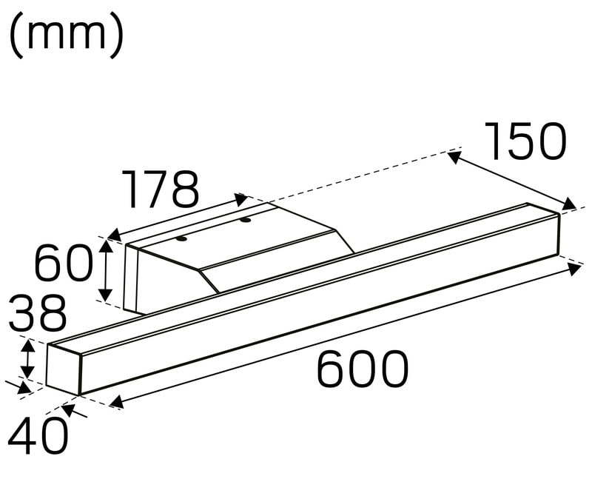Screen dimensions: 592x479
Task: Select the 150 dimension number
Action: pyautogui.click(x=525, y=141)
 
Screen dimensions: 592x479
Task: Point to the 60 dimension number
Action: pyautogui.click(x=64, y=262)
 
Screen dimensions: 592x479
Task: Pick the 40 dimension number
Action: pyautogui.click(x=38, y=435)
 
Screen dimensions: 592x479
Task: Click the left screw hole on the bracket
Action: pyautogui.click(x=182, y=238)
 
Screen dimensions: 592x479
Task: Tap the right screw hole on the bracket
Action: pyautogui.click(x=246, y=219)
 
